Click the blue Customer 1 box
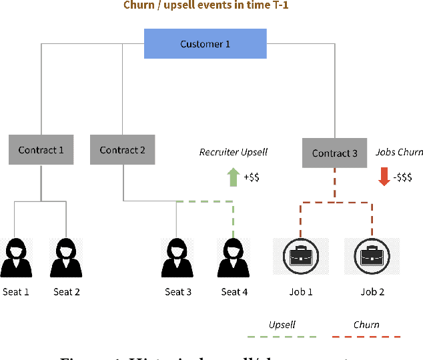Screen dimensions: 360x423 click(205, 44)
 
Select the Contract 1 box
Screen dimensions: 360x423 click(41, 150)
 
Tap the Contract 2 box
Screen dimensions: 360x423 click(123, 150)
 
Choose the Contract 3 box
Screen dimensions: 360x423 click(335, 153)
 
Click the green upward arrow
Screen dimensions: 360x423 click(234, 177)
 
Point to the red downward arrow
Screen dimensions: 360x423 click(384, 177)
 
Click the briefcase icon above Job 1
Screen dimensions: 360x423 click(301, 257)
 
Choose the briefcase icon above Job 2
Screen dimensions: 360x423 click(372, 257)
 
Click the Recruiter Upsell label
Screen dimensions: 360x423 click(233, 152)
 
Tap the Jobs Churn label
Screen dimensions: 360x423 click(399, 152)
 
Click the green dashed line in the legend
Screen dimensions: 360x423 click(281, 337)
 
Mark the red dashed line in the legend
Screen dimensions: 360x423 click(366, 337)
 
